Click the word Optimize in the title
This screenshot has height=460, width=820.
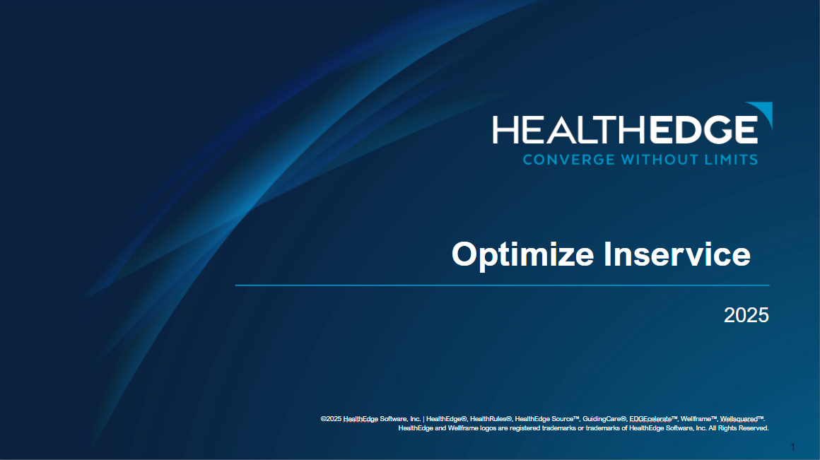(x=523, y=254)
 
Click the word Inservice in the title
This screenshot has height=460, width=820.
(x=676, y=254)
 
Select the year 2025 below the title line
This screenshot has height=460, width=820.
(x=746, y=315)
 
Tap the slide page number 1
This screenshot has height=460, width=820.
(x=793, y=447)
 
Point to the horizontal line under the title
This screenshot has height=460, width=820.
(x=502, y=285)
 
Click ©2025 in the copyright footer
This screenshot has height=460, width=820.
(x=331, y=419)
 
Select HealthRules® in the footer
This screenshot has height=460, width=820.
(x=491, y=419)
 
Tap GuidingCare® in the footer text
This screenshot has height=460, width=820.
(x=604, y=419)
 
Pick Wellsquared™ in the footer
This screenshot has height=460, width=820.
(x=743, y=419)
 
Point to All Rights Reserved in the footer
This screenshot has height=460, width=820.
(x=739, y=428)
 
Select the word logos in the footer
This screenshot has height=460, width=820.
(x=486, y=428)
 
